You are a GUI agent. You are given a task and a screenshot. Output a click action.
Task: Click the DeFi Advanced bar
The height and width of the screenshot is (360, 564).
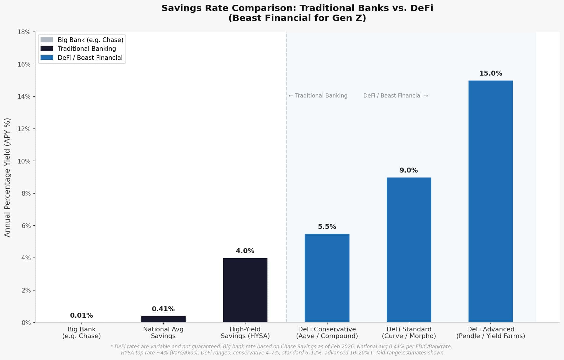point(490,201)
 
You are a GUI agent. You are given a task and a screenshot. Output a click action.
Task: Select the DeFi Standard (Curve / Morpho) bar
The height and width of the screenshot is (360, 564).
point(409,250)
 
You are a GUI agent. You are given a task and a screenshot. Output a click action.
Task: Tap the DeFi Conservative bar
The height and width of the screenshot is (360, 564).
point(327,278)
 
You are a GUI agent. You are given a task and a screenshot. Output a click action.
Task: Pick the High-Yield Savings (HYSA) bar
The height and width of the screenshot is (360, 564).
point(245,290)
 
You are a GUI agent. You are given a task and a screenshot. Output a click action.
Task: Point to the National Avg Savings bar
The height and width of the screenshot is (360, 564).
point(163,319)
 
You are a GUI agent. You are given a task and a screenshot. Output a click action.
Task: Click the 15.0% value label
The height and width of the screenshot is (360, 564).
point(490,74)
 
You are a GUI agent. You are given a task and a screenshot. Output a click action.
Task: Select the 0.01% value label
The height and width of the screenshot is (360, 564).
point(81,316)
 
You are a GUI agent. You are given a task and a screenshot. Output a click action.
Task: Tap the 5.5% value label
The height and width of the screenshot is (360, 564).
point(327,227)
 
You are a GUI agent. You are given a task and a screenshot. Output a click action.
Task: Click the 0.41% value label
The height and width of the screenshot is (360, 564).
point(163,309)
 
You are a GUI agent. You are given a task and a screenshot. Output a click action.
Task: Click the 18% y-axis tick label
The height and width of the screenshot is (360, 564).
point(24,32)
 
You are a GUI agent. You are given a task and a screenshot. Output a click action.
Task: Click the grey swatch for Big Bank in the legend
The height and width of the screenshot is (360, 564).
point(47,40)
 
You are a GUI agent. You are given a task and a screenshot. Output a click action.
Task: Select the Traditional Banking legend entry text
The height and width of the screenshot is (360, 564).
point(87,49)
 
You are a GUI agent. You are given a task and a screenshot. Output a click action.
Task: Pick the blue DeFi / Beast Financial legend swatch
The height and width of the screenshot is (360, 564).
point(47,58)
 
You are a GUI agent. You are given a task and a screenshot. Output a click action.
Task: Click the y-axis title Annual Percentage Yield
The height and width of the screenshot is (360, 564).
point(7,177)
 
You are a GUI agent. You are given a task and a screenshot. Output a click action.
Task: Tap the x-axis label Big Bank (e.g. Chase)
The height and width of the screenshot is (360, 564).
point(81,333)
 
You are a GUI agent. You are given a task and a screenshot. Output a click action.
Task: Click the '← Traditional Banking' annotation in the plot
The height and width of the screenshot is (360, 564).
point(318,96)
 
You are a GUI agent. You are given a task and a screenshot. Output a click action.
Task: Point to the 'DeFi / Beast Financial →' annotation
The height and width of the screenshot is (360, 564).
point(395,96)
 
